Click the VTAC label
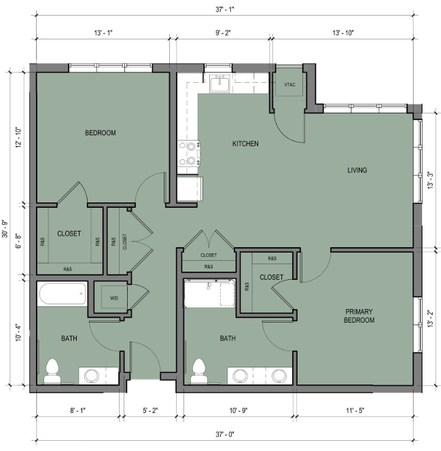(289, 84)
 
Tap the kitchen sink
(219, 84)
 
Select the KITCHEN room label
(245, 143)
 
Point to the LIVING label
(357, 170)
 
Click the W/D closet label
(114, 298)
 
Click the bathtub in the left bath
(63, 293)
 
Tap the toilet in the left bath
(52, 372)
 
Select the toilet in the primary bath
(199, 372)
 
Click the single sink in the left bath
(92, 376)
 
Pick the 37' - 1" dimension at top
(225, 10)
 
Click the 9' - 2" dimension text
(224, 33)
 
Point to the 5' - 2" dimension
(150, 410)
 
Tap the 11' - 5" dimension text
(355, 410)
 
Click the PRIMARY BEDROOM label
(359, 316)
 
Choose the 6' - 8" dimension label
(19, 240)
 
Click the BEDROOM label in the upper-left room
(101, 133)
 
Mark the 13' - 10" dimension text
(343, 33)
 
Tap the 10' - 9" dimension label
(239, 410)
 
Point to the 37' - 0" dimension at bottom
(225, 434)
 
